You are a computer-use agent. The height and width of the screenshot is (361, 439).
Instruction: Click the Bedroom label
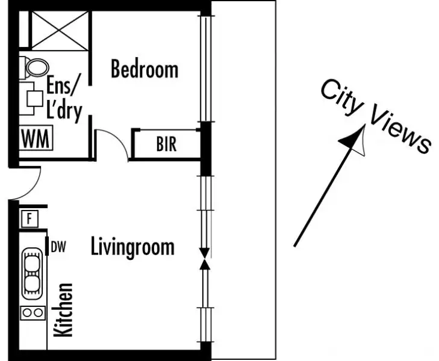(145, 70)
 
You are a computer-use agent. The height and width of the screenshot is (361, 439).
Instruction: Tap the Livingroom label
(132, 247)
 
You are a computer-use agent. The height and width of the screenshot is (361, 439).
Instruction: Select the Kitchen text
(64, 310)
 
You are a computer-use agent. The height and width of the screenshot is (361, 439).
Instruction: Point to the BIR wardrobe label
(166, 145)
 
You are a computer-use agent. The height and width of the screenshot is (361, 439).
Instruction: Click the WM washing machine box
(36, 138)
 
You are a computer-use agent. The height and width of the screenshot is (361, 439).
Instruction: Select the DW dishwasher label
(58, 246)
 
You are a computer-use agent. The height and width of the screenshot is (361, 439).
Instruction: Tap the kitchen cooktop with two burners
(33, 313)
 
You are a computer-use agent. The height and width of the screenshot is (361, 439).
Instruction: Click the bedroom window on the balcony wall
(205, 66)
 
